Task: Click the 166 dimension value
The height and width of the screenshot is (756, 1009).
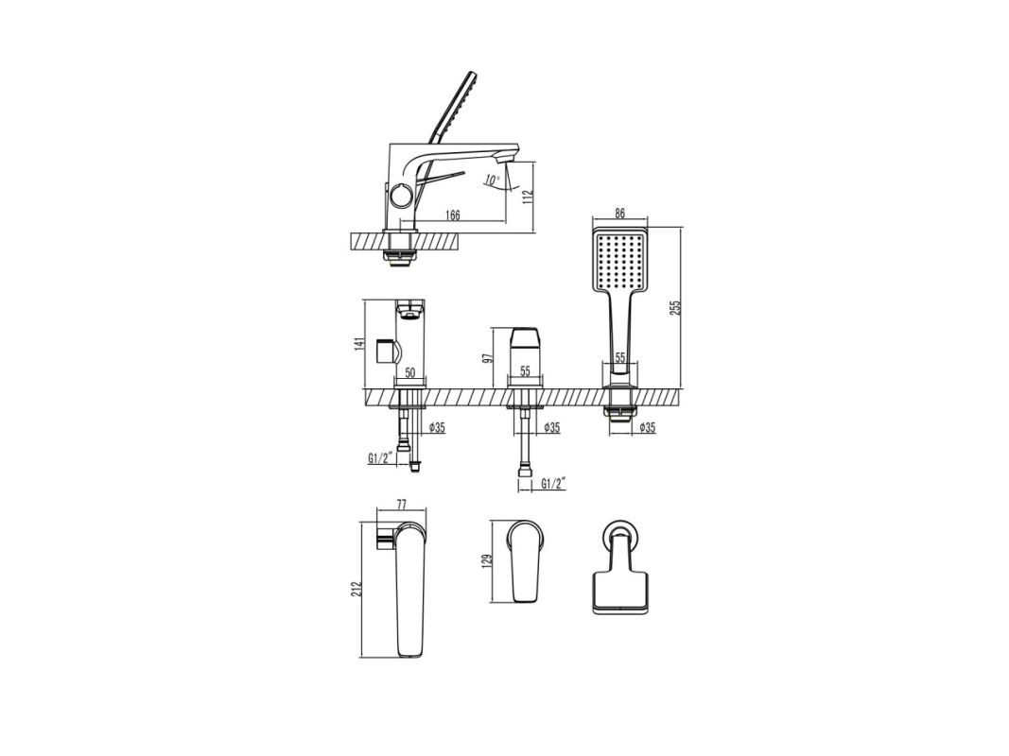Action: [x=453, y=215]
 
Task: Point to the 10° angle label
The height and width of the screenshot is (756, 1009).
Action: [x=492, y=181]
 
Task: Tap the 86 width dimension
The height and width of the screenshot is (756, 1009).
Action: [x=620, y=215]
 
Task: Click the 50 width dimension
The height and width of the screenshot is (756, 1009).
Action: [x=410, y=372]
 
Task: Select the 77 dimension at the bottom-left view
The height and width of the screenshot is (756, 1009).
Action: [x=402, y=503]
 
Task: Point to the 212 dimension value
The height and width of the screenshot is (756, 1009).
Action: [x=357, y=589]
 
